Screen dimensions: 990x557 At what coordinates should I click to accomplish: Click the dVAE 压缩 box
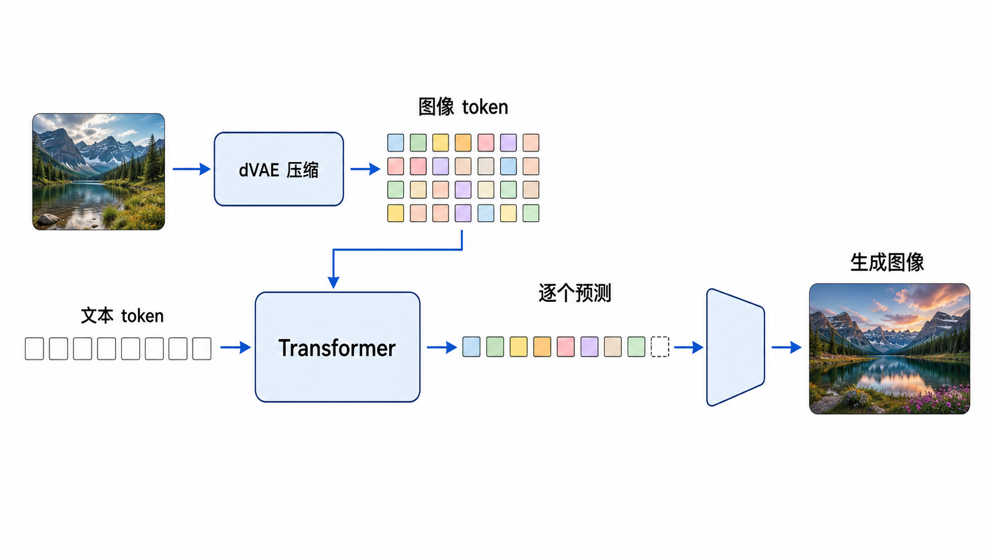click(x=279, y=169)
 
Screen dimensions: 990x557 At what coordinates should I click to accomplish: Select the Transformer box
click(x=337, y=347)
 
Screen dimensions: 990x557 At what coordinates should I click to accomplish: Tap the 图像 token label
click(x=463, y=107)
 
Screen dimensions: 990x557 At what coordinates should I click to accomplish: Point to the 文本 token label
click(x=123, y=316)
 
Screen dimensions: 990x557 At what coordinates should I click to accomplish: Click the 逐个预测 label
click(x=575, y=293)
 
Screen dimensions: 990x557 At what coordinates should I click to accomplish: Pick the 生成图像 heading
click(x=887, y=262)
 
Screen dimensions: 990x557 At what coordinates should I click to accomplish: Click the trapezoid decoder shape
click(x=735, y=347)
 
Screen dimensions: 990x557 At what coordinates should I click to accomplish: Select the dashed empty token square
click(x=660, y=347)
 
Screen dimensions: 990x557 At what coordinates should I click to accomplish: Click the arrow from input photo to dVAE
click(x=191, y=169)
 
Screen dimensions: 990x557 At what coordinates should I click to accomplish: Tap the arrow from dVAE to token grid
click(x=365, y=169)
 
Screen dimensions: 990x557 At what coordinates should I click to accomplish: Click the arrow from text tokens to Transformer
click(x=236, y=347)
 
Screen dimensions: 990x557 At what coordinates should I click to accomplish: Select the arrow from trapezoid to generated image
click(x=786, y=347)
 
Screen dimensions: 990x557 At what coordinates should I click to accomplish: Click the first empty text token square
click(x=34, y=349)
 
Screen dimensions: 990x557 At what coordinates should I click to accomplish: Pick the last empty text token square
click(x=201, y=349)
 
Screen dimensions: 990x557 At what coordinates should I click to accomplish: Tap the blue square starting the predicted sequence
click(x=471, y=347)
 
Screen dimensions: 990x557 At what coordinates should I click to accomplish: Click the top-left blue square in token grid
click(x=396, y=143)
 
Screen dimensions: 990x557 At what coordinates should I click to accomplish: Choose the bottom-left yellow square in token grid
click(x=396, y=213)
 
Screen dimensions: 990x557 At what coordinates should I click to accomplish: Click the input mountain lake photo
click(x=98, y=172)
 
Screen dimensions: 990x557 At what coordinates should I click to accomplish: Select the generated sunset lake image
click(x=890, y=349)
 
